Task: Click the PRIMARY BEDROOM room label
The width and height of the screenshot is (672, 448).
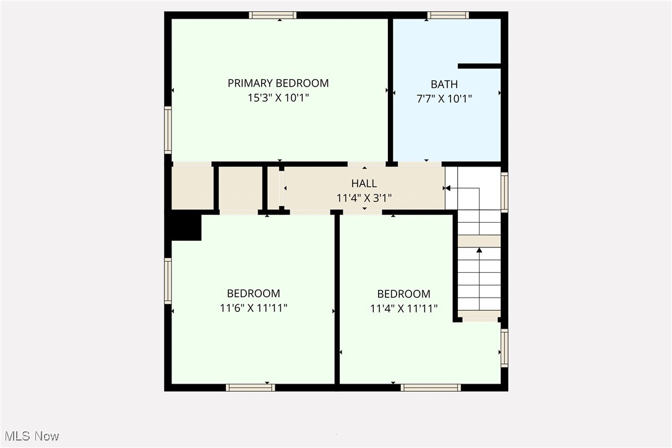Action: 278,83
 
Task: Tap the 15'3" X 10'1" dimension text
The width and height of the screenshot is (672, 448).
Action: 278,97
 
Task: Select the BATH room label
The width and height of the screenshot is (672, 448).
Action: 444,84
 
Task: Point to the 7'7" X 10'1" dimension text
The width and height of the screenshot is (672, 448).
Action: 444,98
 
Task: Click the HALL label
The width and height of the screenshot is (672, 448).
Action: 364,183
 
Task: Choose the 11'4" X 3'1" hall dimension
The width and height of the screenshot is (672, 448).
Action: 364,198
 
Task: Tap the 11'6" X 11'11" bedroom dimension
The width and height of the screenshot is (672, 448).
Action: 254,308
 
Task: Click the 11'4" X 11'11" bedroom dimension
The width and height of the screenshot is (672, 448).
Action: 404,308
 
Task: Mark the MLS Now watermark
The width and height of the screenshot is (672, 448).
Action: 30,436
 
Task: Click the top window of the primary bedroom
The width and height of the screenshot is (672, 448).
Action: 273,15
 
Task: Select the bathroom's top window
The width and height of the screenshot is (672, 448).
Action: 448,15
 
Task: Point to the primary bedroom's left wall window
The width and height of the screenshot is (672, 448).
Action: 168,130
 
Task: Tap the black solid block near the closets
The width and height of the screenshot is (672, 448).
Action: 186,227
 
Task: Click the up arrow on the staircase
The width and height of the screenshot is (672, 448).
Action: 479,251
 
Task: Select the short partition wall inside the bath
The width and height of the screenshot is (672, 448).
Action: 479,66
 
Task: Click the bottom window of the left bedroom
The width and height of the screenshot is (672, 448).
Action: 250,387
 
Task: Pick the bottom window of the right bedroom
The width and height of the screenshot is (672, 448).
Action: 431,387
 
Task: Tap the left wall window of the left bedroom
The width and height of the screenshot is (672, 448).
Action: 168,280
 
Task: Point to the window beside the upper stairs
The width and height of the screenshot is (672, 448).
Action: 504,192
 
